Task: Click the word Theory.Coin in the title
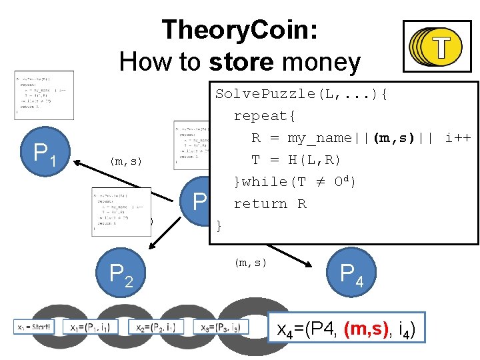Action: (x=239, y=31)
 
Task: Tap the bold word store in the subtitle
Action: (x=241, y=63)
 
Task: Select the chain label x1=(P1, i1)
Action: (x=92, y=327)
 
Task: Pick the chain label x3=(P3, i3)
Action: (x=221, y=327)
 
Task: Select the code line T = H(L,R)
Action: (x=296, y=160)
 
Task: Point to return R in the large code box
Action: (x=269, y=204)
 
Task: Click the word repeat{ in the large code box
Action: (x=264, y=116)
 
